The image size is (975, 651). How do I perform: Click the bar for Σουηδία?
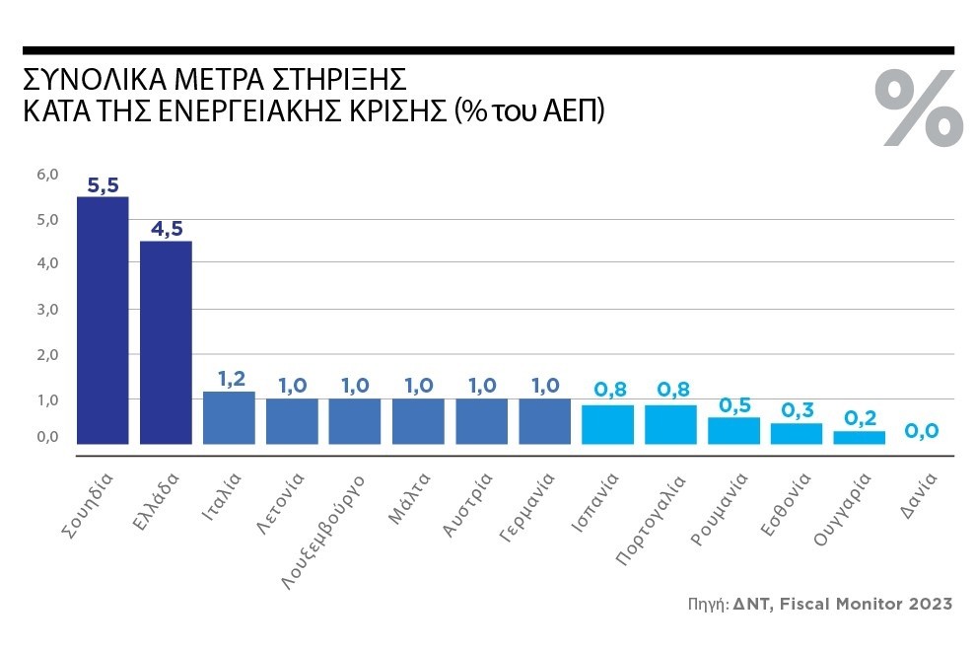[103, 321]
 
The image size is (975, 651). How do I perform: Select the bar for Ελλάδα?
[166, 342]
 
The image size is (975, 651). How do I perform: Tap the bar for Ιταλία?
[229, 418]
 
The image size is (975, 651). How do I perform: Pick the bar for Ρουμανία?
[733, 431]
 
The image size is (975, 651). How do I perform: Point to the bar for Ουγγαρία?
[860, 437]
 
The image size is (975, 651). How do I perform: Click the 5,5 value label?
[103, 184]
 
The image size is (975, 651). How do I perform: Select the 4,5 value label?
[166, 229]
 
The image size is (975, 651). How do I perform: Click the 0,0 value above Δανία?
[923, 431]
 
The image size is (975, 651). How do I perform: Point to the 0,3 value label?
[797, 409]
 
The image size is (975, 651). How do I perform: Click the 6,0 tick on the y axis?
[48, 175]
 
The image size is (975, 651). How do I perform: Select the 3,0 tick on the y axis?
[48, 310]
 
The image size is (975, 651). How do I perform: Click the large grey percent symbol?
[919, 108]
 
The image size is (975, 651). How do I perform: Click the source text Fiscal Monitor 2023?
[867, 604]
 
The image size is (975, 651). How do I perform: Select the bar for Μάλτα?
[418, 421]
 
